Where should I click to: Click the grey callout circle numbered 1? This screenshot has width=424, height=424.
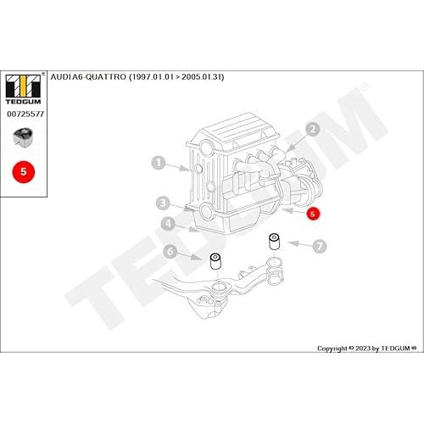point(159,163)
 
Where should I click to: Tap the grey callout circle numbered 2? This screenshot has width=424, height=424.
point(313,130)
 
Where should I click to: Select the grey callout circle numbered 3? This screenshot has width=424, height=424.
point(163,203)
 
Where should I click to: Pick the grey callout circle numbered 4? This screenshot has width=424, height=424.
point(168,224)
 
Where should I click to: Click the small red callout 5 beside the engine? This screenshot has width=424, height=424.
point(313,214)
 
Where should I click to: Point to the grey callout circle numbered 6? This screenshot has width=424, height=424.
point(170,251)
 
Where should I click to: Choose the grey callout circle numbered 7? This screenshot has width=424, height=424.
point(320,246)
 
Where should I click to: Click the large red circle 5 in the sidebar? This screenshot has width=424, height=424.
point(24,172)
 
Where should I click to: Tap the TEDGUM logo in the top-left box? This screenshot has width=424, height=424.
point(24,89)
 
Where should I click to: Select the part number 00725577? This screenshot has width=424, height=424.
point(25,114)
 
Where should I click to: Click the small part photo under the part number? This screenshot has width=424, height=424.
point(23,137)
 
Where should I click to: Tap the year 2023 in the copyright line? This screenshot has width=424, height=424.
point(363,349)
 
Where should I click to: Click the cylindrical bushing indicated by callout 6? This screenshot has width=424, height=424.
point(216,262)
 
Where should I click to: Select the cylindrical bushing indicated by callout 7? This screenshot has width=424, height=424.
point(274,242)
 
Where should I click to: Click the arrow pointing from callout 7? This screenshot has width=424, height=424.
point(299,244)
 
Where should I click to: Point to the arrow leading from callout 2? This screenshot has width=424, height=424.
point(297,142)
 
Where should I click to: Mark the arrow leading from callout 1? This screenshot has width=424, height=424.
point(177,167)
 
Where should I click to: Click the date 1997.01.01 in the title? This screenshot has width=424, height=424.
point(151,77)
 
